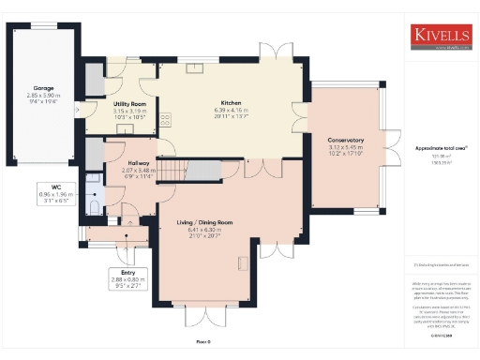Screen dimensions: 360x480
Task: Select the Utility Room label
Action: (x=129, y=103)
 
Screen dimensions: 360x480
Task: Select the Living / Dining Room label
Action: (x=204, y=222)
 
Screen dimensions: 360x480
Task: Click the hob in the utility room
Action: (x=165, y=118)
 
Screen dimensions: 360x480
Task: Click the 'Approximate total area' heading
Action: (x=441, y=148)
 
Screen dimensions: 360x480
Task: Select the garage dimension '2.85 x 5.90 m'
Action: (x=43, y=96)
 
